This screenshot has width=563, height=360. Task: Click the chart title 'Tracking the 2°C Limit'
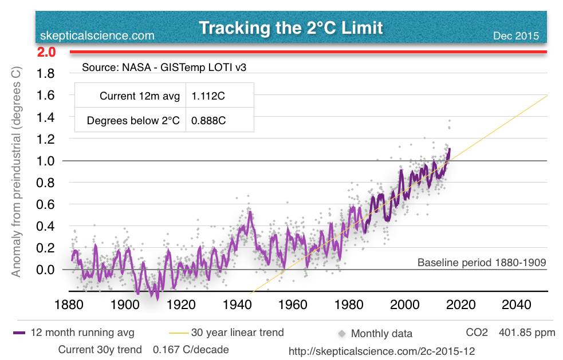coord(290,27)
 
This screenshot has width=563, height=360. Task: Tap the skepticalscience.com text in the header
coord(97,36)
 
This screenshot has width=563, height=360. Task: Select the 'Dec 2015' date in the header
coord(515,36)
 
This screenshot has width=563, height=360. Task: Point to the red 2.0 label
coord(46,52)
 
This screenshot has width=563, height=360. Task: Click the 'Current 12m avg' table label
coord(140,96)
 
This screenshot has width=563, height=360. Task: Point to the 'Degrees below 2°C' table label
coord(133,121)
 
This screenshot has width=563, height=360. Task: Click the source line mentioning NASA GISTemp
coord(168,68)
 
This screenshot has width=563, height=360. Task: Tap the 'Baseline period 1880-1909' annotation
coord(481,263)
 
